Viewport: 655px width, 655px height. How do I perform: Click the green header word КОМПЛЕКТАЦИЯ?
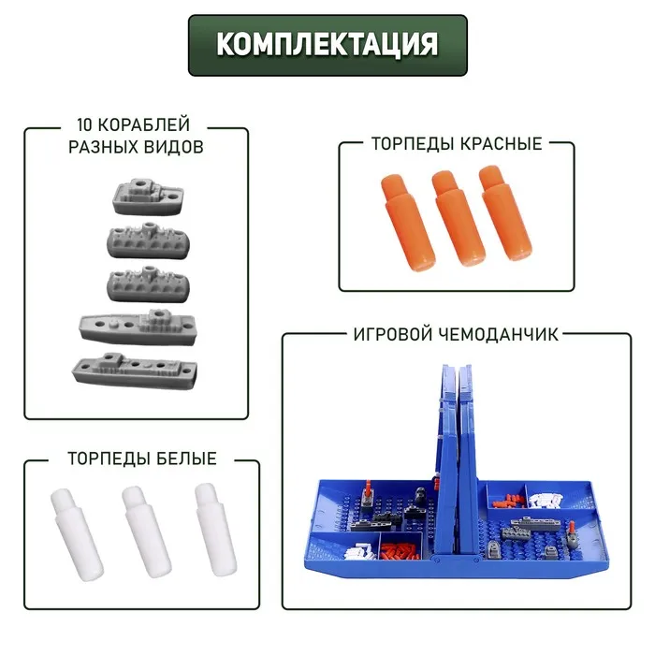327,44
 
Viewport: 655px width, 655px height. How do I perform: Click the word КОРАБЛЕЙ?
145,124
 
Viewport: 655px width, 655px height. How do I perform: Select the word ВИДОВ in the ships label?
174,147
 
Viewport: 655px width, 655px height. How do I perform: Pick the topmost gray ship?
148,196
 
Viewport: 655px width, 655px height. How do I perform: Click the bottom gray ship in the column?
135,371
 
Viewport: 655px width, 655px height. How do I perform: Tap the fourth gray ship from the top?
138,327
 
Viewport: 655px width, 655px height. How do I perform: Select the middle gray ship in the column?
149,284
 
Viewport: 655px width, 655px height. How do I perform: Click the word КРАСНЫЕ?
501,144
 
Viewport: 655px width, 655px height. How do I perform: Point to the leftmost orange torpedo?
407,223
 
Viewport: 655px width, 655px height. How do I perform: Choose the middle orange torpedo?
458,218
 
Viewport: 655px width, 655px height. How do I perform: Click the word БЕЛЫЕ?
186,458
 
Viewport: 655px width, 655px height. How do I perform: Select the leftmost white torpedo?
77,534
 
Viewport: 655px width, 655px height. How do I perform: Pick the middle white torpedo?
146,532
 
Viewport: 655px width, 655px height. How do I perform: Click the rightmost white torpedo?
215,530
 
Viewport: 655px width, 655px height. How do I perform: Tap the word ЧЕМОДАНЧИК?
499,334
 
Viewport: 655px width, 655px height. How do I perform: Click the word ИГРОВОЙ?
393,334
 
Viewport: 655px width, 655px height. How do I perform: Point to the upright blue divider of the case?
457,459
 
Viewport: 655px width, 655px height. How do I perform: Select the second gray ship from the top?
149,240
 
